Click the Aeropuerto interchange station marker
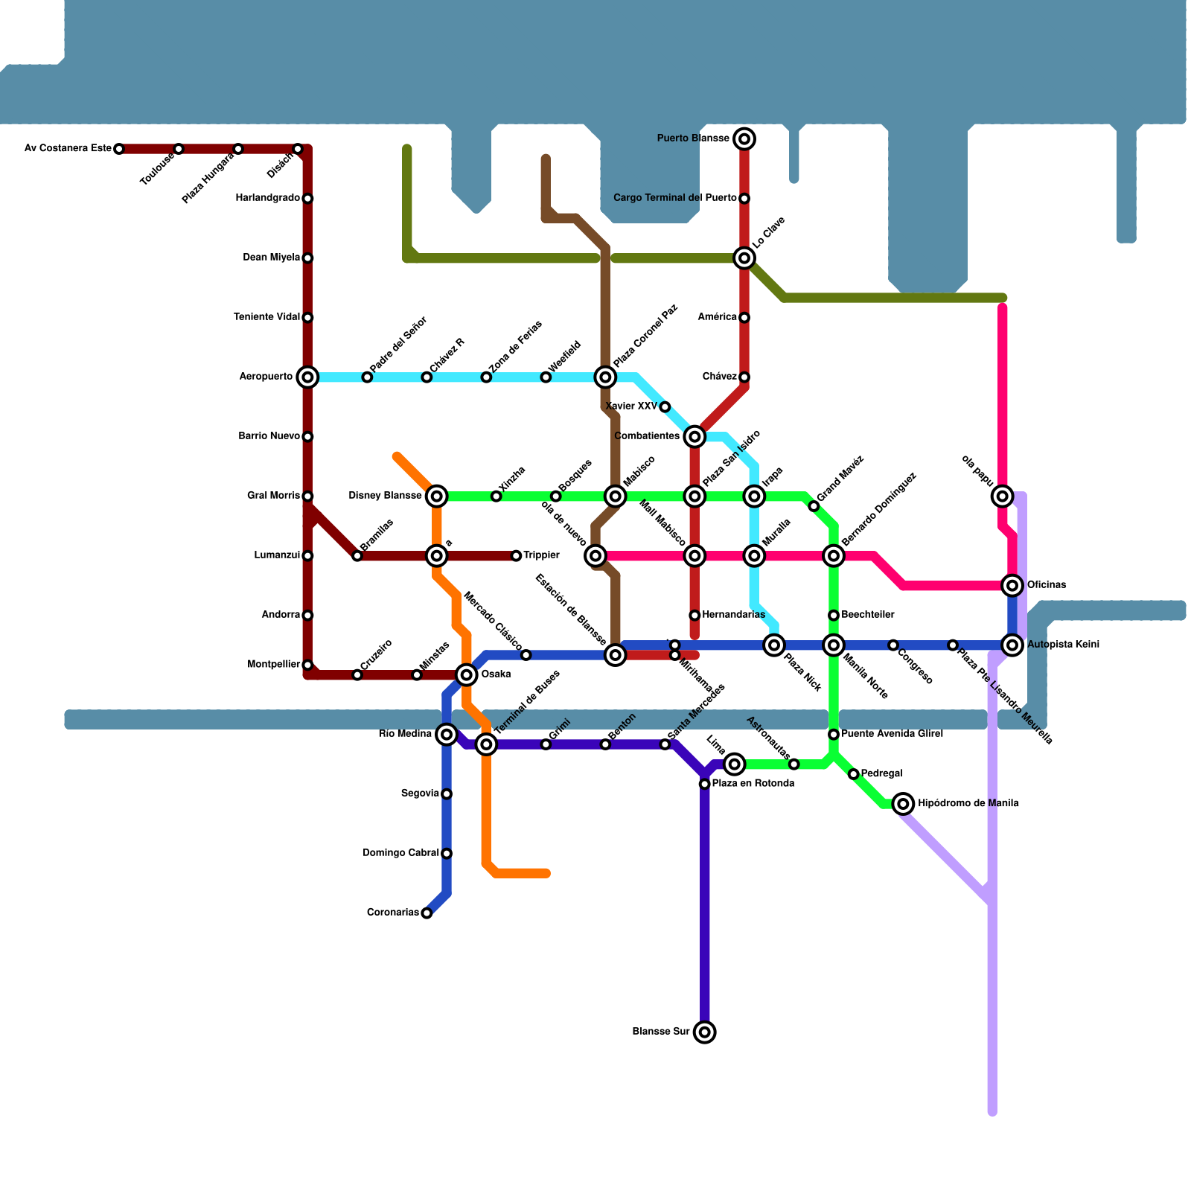click(307, 377)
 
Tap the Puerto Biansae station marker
click(744, 138)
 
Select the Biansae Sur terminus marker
click(705, 1032)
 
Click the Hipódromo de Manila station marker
click(903, 804)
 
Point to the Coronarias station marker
click(427, 913)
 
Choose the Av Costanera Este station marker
click(119, 149)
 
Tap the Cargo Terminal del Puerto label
click(674, 198)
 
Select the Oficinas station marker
click(1012, 586)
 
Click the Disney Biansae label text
click(385, 496)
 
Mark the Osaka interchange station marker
click(467, 675)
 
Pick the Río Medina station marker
click(447, 735)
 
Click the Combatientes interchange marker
click(695, 436)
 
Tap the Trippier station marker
click(516, 556)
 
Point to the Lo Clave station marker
click(744, 258)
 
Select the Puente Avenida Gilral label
click(892, 734)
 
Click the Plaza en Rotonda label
click(753, 784)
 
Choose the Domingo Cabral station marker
click(447, 854)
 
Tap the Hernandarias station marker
click(695, 616)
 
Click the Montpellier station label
click(273, 665)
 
